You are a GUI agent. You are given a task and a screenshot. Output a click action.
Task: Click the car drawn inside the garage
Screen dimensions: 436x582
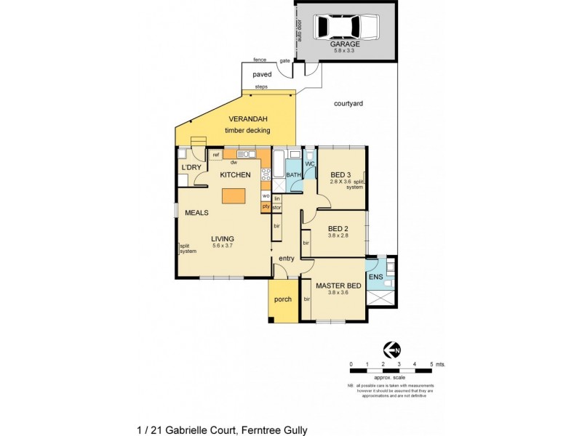click(x=346, y=28)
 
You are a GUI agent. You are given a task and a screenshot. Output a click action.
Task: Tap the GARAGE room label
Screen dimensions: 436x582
click(x=346, y=44)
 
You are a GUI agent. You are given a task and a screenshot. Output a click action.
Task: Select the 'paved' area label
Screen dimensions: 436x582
click(x=261, y=74)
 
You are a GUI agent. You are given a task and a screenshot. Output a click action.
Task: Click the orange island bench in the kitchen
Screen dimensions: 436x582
click(x=234, y=196)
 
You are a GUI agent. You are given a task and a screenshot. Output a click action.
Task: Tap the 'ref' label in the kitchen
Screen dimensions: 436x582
click(x=216, y=154)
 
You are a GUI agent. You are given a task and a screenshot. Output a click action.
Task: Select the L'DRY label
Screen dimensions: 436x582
click(x=191, y=169)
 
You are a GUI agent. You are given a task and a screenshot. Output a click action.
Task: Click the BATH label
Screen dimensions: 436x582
click(x=293, y=175)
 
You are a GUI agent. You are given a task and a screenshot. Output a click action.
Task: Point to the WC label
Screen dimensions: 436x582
click(x=309, y=164)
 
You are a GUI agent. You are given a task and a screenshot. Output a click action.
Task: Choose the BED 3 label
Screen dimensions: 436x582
click(x=340, y=174)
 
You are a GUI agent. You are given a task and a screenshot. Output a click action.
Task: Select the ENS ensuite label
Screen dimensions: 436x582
click(x=376, y=277)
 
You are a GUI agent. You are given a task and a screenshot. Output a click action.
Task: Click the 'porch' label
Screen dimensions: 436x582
click(x=282, y=299)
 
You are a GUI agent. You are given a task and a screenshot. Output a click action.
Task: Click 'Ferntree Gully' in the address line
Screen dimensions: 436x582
click(x=274, y=430)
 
